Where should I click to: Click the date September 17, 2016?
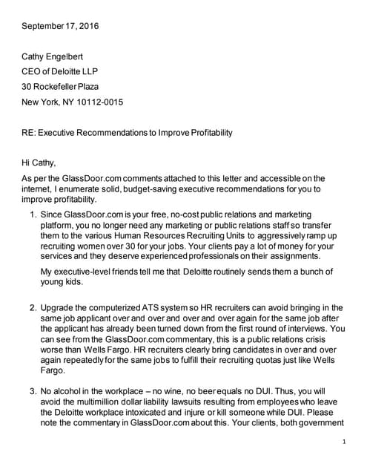click(60, 26)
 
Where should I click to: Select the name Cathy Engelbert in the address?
click(57, 56)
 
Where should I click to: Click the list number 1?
click(33, 214)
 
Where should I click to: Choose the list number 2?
click(33, 307)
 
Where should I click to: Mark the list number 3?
click(33, 388)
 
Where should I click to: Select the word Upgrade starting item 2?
click(60, 307)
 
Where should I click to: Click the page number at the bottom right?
click(345, 442)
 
